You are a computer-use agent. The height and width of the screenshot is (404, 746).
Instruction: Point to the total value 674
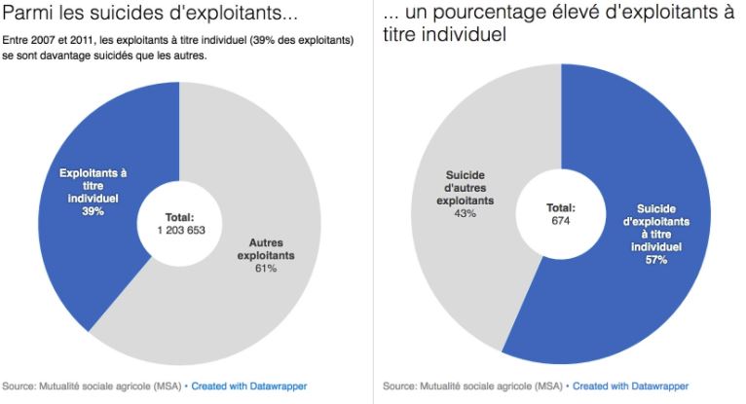pyautogui.click(x=560, y=221)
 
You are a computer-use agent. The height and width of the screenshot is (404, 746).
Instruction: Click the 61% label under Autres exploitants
pyautogui.click(x=266, y=268)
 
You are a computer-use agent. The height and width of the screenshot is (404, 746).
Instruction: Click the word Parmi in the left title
pyautogui.click(x=24, y=17)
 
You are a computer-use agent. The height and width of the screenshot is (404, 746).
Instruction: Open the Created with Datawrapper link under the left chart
pyautogui.click(x=239, y=386)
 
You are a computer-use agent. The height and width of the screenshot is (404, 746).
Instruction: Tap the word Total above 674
pyautogui.click(x=560, y=207)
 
